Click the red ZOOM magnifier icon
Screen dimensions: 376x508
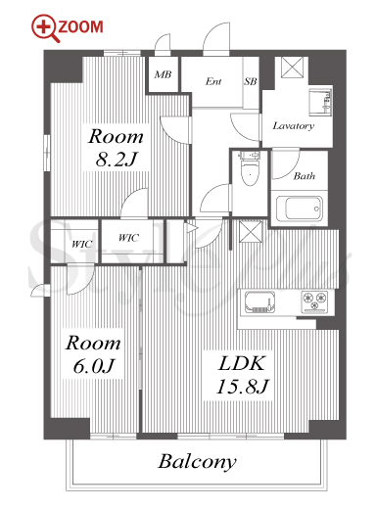[45, 27]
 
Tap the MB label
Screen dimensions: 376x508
[163, 74]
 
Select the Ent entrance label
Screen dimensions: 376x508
[213, 81]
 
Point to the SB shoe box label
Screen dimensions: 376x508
[251, 81]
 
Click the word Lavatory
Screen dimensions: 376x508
[294, 126]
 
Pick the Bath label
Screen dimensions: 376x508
[305, 176]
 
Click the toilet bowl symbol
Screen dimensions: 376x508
[250, 169]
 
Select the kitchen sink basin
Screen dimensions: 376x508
[259, 302]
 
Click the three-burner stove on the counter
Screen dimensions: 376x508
[314, 301]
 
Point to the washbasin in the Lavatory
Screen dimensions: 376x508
[320, 102]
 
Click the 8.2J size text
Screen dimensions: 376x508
[116, 160]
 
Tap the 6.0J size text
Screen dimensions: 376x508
[94, 366]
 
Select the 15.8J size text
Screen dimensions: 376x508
[242, 387]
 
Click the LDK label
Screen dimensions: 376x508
[242, 363]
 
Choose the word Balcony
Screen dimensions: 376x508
[197, 462]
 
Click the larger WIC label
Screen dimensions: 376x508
[128, 238]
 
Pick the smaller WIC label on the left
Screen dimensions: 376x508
[82, 244]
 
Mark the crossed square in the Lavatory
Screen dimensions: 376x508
[292, 68]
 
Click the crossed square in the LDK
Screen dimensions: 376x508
[251, 232]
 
